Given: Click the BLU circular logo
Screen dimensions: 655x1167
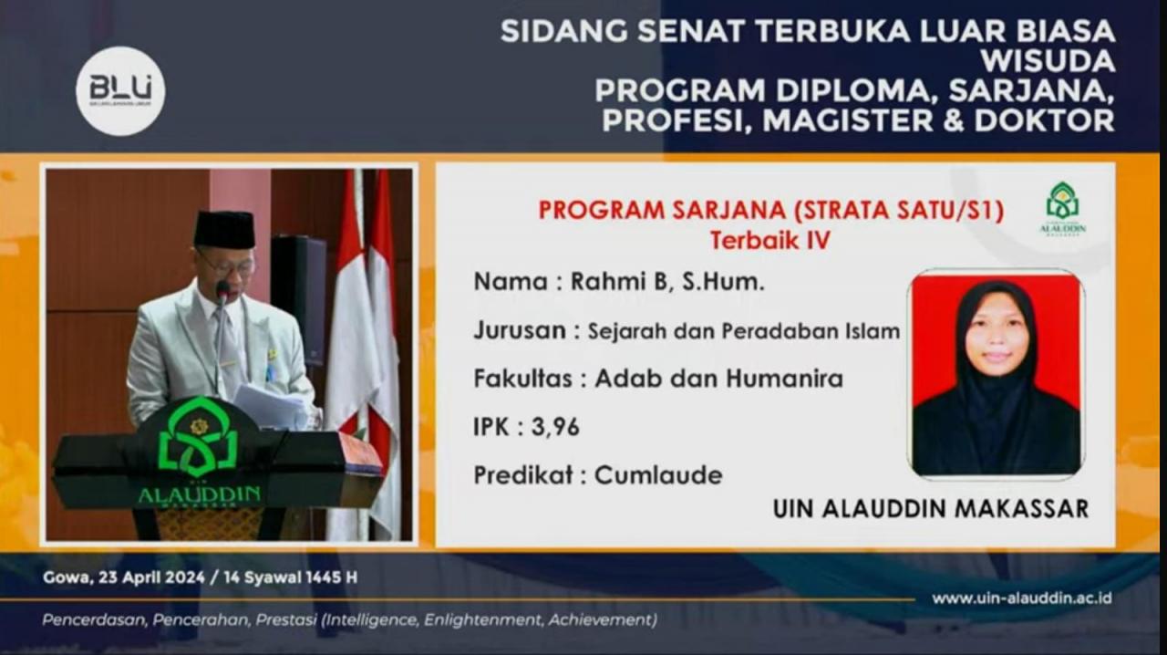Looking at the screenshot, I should click(120, 91).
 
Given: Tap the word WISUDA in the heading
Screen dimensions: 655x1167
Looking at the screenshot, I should click(1048, 61).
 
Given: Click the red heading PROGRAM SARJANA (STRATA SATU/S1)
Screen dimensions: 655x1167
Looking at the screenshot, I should click(770, 211).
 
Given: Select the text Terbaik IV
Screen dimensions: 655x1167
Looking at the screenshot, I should click(770, 241).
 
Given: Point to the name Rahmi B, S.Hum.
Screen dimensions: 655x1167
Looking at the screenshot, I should click(667, 282).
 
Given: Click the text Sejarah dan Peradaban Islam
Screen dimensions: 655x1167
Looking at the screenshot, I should click(743, 331).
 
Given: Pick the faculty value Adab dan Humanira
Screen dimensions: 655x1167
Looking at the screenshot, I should click(718, 379).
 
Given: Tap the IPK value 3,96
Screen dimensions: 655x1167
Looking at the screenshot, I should click(555, 427).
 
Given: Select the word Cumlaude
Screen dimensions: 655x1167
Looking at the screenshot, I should click(658, 475).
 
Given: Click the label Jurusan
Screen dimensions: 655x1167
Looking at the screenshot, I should click(519, 330).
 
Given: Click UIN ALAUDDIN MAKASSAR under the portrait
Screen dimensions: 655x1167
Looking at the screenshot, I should click(930, 508).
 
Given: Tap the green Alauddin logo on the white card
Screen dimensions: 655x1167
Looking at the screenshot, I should click(1062, 208).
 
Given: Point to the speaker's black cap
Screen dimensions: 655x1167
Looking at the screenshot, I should click(224, 229).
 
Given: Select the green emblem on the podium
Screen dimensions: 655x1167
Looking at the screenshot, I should click(199, 437).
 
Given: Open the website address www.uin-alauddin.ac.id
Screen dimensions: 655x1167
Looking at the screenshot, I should click(1021, 598).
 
